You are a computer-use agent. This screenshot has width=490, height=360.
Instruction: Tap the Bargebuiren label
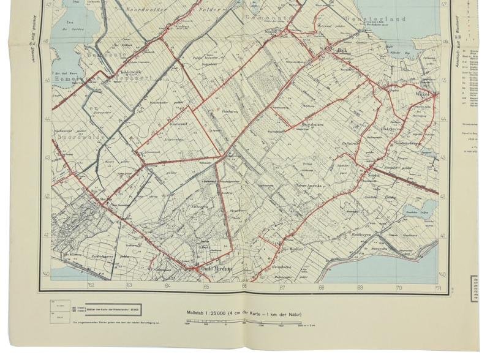coord(314,125)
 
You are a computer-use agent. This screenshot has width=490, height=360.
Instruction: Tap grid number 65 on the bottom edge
coord(206,285)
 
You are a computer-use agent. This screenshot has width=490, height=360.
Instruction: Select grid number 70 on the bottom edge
coord(399,286)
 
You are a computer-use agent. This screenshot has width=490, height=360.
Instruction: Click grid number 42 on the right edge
coord(443,197)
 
